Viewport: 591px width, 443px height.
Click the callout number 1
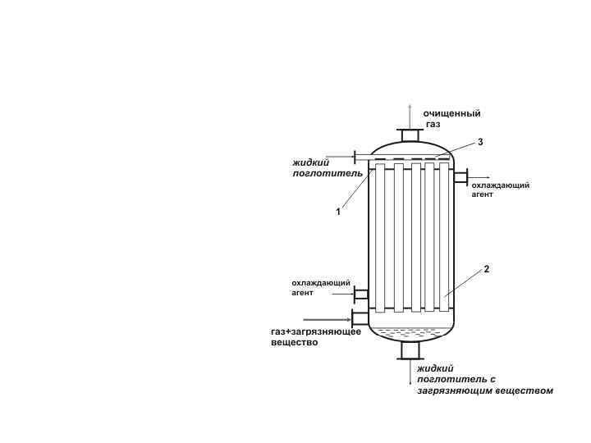coord(337,212)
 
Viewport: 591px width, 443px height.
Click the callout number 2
coord(487,269)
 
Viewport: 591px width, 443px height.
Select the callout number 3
coord(480,142)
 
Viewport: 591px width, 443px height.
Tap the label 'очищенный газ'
coord(451,118)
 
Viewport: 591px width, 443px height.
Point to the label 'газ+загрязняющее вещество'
coord(316,336)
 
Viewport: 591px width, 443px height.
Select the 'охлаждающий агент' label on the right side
coord(500,190)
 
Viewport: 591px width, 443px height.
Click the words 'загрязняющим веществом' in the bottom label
coord(484,390)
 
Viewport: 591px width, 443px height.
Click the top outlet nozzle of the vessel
coord(408,135)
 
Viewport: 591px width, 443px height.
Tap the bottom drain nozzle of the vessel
coord(409,350)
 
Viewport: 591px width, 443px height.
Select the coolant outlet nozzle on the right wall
coord(460,176)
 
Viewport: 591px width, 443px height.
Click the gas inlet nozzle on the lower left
coord(360,317)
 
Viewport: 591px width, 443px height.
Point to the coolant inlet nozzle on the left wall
coord(360,294)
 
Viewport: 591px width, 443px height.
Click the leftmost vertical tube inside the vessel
coord(380,238)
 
